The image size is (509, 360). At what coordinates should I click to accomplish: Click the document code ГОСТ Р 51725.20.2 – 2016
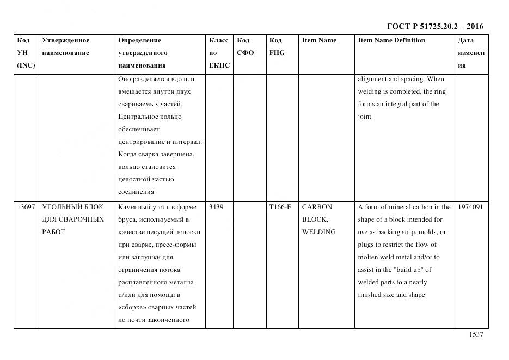[434, 26]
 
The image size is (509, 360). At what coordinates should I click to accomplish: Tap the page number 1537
[476, 334]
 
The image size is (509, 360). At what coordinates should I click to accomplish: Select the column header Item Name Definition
[391, 40]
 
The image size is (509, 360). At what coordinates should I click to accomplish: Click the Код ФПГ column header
[277, 47]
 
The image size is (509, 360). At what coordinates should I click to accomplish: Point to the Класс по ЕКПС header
[219, 53]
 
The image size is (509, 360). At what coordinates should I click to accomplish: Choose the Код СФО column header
[245, 47]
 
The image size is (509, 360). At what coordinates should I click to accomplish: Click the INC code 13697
[26, 207]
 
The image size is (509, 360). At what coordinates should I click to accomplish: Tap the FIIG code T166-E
[280, 207]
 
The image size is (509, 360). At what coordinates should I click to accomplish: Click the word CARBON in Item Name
[316, 207]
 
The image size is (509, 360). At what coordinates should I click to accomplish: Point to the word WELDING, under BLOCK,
[318, 232]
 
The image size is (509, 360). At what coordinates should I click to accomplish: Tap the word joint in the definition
[364, 117]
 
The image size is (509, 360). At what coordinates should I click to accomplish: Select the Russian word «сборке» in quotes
[131, 307]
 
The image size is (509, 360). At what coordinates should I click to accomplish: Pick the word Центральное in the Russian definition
[138, 117]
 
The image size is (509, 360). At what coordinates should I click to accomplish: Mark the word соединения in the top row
[136, 192]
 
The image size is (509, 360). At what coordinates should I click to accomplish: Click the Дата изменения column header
[470, 53]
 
